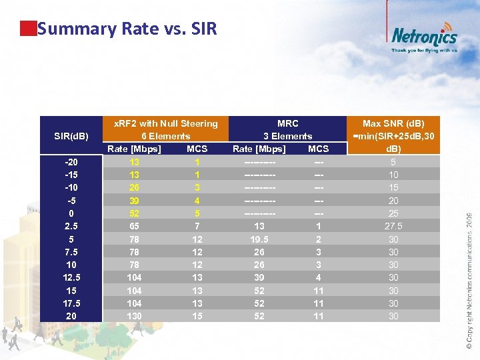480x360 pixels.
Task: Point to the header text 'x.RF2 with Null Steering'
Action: tap(165, 123)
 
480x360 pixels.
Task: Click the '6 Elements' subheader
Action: tap(165, 136)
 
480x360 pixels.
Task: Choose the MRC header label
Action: tap(287, 123)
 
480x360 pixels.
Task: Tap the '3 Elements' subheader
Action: tap(287, 136)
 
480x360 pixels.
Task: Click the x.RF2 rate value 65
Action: tap(135, 226)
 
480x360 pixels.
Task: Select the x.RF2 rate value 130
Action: tap(135, 316)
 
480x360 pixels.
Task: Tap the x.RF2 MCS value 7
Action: tap(197, 226)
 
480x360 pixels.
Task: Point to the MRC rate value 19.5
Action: tap(259, 239)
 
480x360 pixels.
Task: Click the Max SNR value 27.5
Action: tap(393, 226)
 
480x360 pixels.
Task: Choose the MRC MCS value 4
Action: tap(319, 277)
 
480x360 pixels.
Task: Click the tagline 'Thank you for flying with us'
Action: tap(424, 50)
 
